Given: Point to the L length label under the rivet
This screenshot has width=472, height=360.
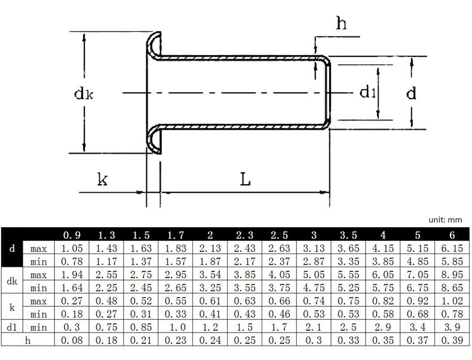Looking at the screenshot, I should click(245, 179).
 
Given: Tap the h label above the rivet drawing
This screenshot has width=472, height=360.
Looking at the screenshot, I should click(341, 23).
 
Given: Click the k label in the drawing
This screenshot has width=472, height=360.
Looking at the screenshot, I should click(102, 179).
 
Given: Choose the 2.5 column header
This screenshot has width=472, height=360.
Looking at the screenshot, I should click(279, 235).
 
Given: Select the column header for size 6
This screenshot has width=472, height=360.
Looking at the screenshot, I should click(452, 235).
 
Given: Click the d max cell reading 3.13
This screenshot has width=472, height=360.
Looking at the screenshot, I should click(314, 248).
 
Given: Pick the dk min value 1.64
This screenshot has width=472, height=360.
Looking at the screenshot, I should click(72, 288).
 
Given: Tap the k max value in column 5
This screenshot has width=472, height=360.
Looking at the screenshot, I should click(417, 301).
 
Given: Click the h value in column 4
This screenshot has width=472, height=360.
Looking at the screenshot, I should click(382, 340).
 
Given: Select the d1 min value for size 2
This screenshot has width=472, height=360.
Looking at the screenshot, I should click(210, 327).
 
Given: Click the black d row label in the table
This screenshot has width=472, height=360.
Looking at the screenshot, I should click(12, 248).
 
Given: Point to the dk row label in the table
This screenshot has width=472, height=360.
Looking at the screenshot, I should click(12, 281).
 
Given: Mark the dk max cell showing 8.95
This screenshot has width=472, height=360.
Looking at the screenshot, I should click(452, 274).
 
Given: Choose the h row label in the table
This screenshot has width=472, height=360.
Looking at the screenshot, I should click(27, 340).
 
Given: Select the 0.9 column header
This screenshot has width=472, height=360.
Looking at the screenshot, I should click(72, 235).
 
